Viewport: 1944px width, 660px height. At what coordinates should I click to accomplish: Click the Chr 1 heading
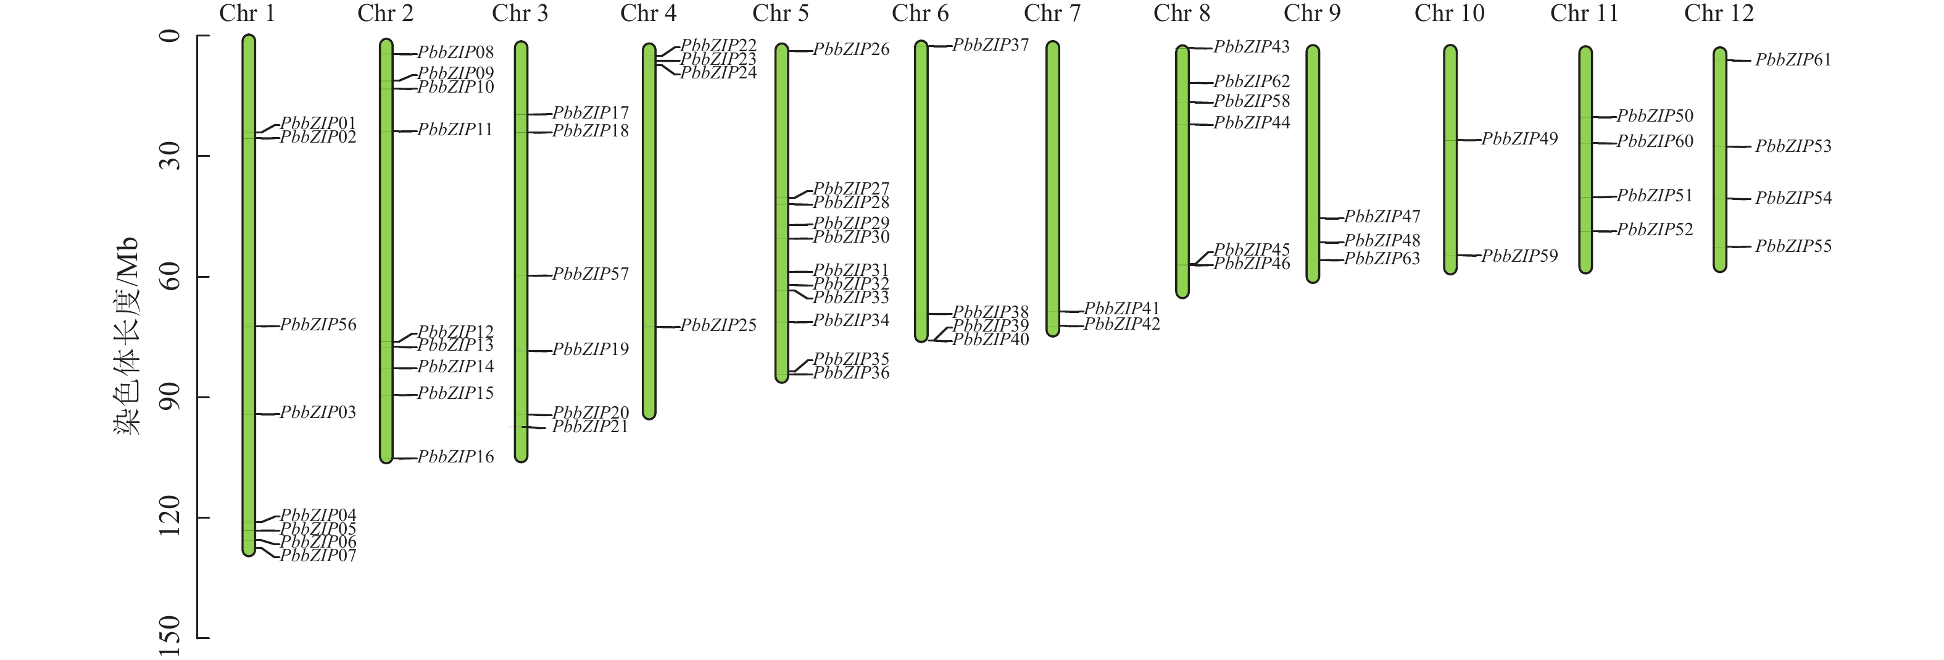(x=247, y=14)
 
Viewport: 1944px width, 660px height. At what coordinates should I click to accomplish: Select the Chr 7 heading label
(x=1052, y=14)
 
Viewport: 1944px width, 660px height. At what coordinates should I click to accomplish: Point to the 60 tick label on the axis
(x=170, y=277)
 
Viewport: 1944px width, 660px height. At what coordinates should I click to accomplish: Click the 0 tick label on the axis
(x=170, y=35)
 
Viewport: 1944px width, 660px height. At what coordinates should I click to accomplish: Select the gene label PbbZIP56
(x=318, y=325)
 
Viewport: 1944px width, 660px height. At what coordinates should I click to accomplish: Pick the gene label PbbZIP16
(x=455, y=457)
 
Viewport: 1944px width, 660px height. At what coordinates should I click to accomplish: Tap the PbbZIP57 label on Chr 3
(x=590, y=274)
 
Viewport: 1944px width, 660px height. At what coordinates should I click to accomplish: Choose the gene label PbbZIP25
(x=718, y=325)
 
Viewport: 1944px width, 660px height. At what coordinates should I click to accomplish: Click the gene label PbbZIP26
(x=850, y=50)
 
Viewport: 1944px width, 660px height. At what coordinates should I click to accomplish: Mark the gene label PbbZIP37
(x=990, y=45)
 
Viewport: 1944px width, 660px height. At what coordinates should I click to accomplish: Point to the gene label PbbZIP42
(x=1121, y=324)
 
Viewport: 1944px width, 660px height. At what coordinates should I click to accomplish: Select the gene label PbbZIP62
(x=1251, y=81)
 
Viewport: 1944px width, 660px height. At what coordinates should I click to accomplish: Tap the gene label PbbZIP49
(x=1519, y=139)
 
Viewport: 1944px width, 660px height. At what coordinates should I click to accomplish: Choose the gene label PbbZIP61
(x=1792, y=61)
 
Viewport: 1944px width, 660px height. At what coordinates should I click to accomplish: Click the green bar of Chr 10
(x=1450, y=159)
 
